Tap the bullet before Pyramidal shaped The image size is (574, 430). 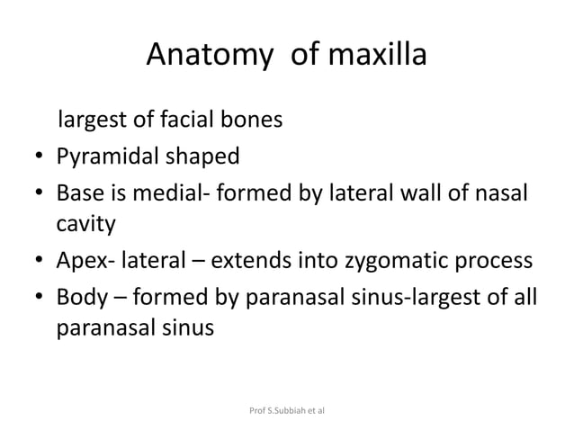pyautogui.click(x=40, y=158)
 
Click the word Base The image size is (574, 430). pyautogui.click(x=81, y=195)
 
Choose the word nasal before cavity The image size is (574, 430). pyautogui.click(x=499, y=195)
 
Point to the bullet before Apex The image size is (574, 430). pyautogui.click(x=40, y=263)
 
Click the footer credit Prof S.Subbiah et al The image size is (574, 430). pyautogui.click(x=286, y=409)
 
